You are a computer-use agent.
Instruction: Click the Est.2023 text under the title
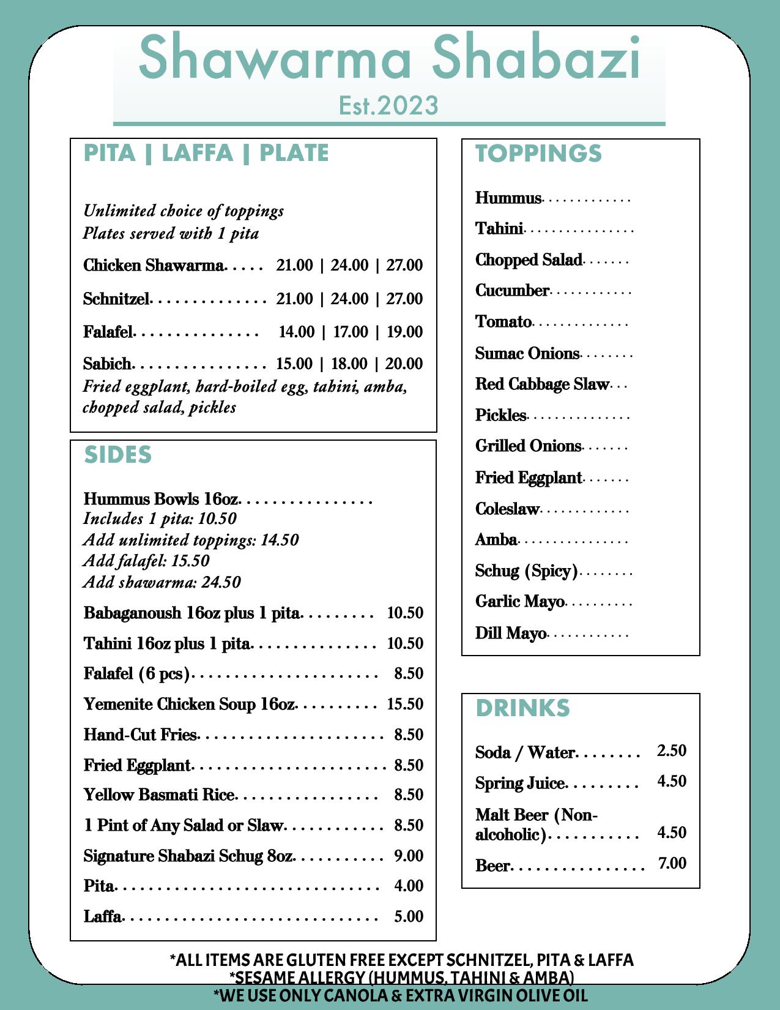click(x=388, y=105)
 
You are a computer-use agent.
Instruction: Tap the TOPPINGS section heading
click(x=538, y=154)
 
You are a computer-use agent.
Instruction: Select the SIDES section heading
click(x=117, y=455)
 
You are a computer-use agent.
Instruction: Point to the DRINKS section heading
click(x=522, y=708)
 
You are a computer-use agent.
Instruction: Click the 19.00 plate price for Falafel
click(x=404, y=332)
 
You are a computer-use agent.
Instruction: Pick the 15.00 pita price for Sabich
click(x=294, y=364)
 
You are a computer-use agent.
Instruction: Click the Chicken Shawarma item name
click(x=154, y=265)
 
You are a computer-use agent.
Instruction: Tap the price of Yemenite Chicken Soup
click(x=405, y=704)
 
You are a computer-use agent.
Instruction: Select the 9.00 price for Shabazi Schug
click(x=409, y=856)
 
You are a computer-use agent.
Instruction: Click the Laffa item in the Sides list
click(x=103, y=916)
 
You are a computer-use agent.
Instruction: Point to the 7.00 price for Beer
click(x=672, y=863)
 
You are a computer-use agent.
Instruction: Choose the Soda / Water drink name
click(x=525, y=752)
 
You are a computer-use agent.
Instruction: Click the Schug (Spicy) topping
click(x=526, y=571)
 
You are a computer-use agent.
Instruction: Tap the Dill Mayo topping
click(x=510, y=633)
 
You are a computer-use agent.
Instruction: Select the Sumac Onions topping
click(x=527, y=353)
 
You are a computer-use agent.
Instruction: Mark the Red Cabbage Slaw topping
click(x=542, y=384)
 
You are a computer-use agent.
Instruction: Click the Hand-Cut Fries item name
click(x=140, y=735)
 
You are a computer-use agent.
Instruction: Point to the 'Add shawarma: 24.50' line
click(x=162, y=582)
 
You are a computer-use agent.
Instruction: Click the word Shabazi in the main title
click(x=536, y=58)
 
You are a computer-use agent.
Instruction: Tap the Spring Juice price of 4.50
click(x=672, y=781)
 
